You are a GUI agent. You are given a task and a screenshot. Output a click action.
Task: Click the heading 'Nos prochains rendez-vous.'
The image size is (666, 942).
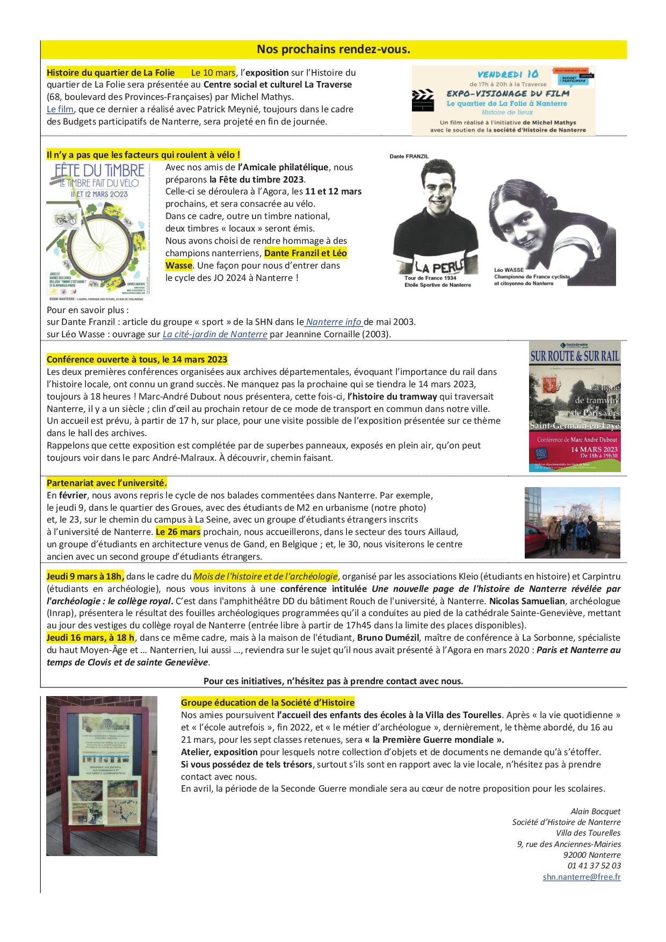coord(333,49)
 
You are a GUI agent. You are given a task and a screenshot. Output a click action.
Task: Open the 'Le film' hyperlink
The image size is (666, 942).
coord(60,110)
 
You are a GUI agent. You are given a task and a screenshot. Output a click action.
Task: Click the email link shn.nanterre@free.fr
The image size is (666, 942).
coord(582,876)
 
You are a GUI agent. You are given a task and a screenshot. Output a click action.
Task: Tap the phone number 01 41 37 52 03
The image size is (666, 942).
coord(594,865)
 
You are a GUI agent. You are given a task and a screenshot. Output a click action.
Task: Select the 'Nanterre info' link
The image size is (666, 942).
coord(334,322)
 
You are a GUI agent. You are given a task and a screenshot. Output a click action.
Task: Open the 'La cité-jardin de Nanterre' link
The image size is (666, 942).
coord(215,334)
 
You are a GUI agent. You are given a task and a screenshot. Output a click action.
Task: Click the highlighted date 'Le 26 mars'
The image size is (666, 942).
coord(178,532)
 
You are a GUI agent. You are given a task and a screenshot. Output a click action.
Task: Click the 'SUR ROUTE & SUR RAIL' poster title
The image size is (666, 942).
coord(575,356)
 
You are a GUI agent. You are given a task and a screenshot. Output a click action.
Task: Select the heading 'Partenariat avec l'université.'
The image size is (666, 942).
coord(107,482)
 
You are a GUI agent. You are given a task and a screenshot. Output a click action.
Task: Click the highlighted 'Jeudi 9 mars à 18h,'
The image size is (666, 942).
coord(85,576)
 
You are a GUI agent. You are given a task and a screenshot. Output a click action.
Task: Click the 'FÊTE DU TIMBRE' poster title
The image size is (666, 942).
coord(100,171)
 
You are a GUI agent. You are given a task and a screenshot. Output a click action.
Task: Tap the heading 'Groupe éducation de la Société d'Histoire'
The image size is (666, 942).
coord(267,702)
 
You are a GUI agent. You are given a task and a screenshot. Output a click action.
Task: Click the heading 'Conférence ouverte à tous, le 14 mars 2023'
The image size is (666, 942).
coord(137,359)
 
